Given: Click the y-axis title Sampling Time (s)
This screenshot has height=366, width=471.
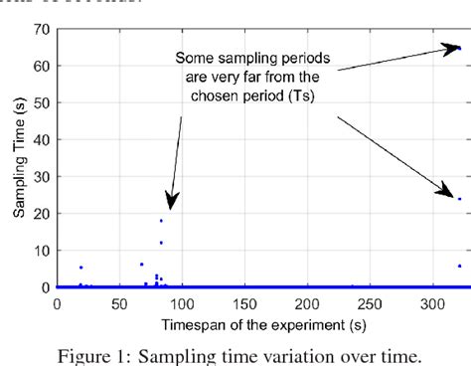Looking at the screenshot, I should [18, 159].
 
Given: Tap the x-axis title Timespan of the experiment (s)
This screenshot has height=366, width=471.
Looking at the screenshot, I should [259, 323].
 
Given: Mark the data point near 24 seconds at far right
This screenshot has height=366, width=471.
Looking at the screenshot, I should [459, 198].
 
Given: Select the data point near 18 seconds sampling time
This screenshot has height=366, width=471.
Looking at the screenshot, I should [161, 221].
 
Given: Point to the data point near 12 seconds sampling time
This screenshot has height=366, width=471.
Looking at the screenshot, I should [161, 243].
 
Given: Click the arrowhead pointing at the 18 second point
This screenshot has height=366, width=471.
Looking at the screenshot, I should [170, 205].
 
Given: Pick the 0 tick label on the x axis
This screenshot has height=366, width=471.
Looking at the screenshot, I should [57, 303].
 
